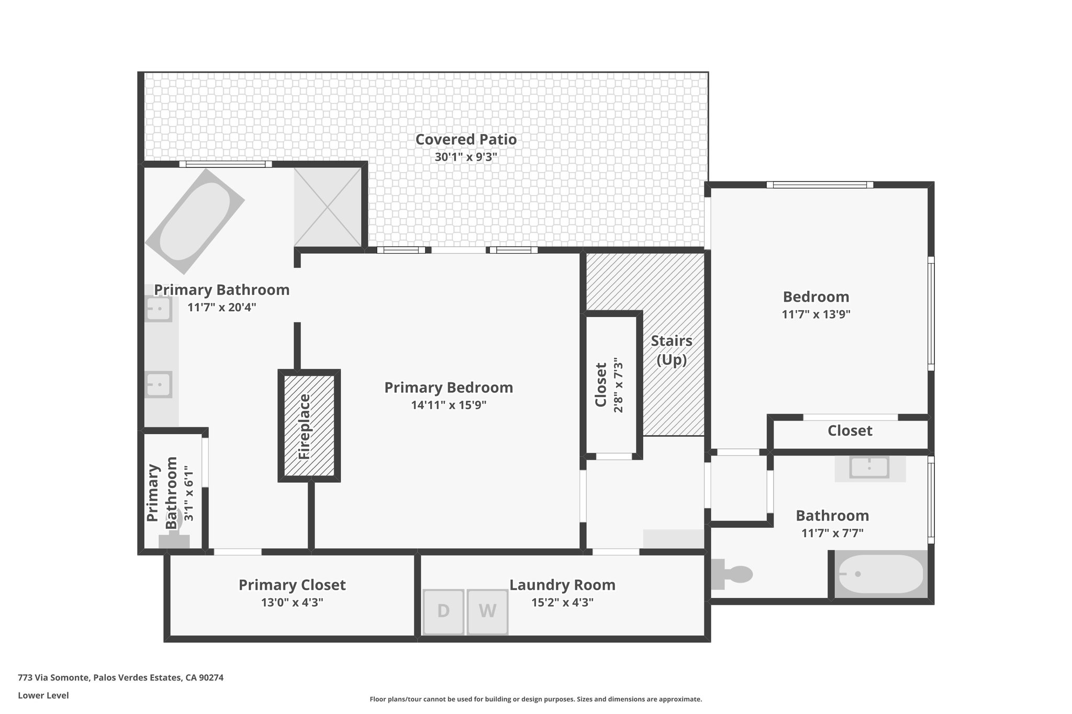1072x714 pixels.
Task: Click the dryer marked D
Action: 443,611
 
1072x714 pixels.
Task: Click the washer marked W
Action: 487,611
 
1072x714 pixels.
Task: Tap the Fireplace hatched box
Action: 309,425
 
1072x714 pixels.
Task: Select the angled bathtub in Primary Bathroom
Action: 195,221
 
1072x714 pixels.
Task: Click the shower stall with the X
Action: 328,207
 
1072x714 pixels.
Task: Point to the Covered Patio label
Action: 466,140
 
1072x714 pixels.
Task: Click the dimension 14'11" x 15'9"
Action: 449,405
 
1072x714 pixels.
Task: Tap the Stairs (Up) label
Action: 672,350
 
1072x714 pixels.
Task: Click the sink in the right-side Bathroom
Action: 869,467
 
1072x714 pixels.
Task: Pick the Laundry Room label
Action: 562,585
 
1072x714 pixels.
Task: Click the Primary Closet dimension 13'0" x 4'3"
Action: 292,603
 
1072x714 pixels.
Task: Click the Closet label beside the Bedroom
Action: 850,431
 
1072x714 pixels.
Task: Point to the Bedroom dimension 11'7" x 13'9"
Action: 816,314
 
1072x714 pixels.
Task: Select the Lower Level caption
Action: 43,695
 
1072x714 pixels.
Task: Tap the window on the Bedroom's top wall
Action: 820,184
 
